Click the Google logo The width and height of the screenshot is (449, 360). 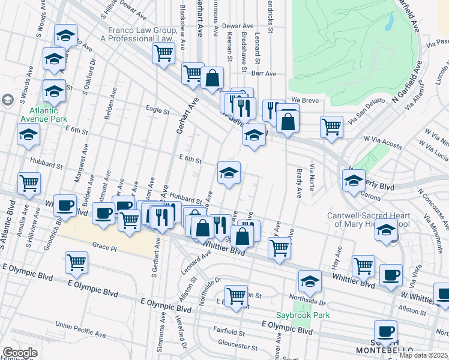coord(19,353)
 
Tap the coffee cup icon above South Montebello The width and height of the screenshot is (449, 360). coord(385,331)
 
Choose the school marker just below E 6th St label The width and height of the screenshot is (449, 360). coord(229,173)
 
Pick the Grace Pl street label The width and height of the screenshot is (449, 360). coord(104,245)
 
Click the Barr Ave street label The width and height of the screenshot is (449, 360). coord(264,73)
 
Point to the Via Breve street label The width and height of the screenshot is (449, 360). coord(304,99)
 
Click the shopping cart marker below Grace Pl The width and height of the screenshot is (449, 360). coord(77,262)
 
